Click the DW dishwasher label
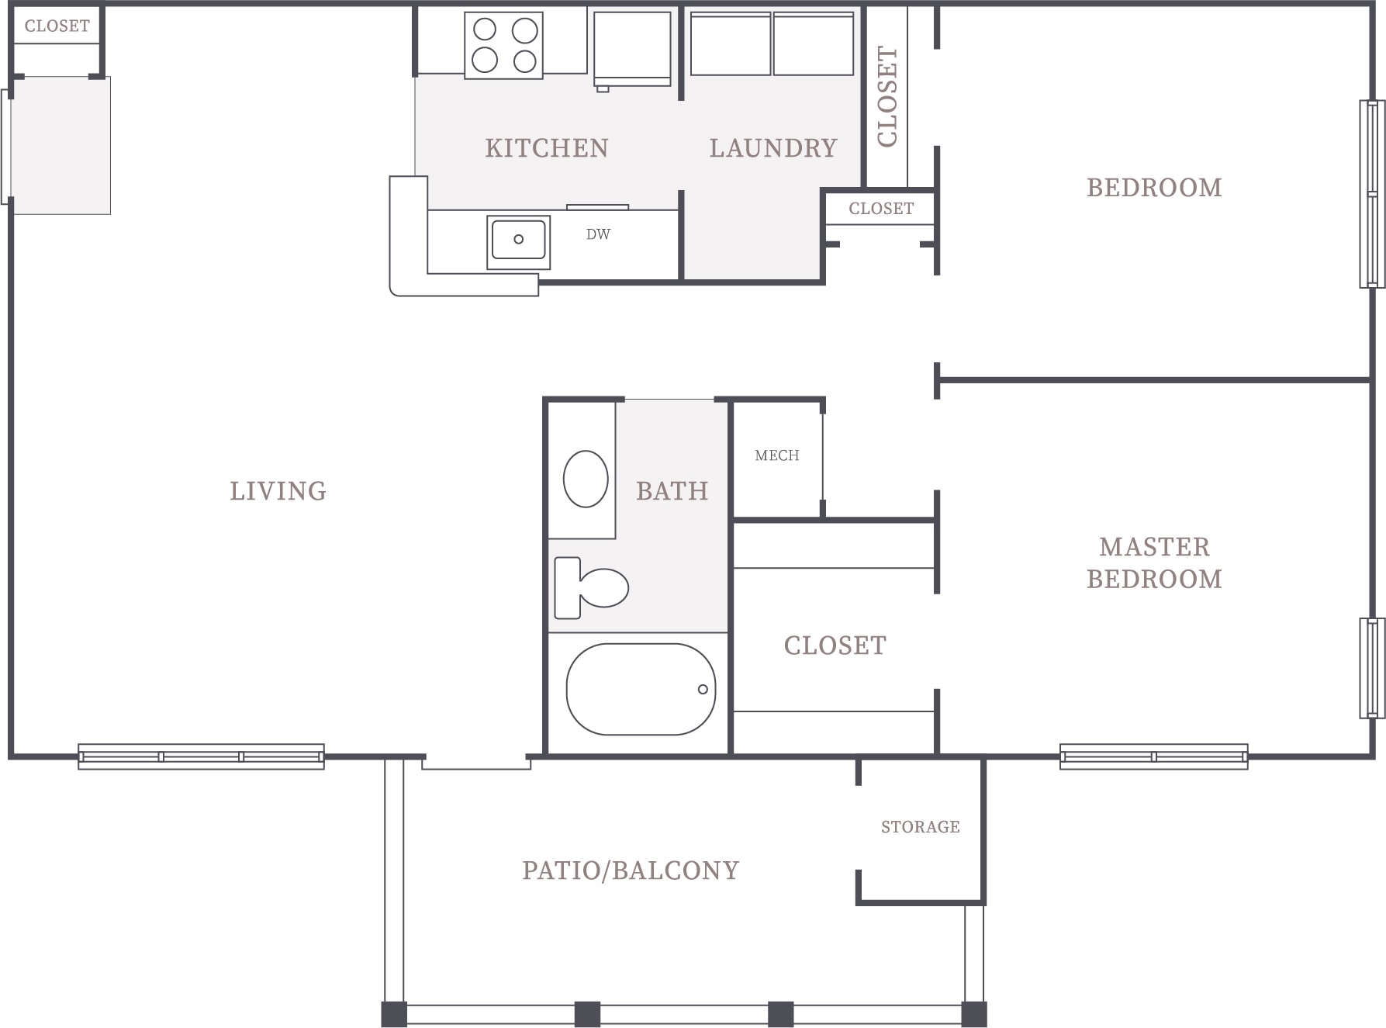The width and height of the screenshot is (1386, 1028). [x=598, y=234]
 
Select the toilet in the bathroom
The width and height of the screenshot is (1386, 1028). [x=591, y=587]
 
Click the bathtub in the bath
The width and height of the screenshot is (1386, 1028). [x=641, y=689]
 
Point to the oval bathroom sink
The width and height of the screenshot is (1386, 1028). [x=586, y=479]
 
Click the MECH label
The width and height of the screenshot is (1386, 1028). [x=776, y=455]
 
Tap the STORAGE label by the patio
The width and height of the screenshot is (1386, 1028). [x=920, y=827]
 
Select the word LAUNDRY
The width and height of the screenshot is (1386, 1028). [x=773, y=148]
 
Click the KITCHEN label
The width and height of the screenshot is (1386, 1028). [x=547, y=148]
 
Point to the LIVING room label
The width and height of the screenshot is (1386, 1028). [x=278, y=491]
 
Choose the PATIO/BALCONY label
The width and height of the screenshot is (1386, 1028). [x=631, y=871]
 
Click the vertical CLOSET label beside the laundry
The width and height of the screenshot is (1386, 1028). [x=887, y=96]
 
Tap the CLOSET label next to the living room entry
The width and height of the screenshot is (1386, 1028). [x=57, y=26]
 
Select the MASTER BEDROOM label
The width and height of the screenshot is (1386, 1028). [x=1154, y=562]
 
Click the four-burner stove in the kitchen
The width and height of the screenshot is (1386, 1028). [x=504, y=46]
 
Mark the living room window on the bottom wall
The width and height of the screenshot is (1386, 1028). [x=201, y=756]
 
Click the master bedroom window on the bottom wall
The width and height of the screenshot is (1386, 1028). [x=1154, y=756]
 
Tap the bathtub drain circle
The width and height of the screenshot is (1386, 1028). [x=703, y=689]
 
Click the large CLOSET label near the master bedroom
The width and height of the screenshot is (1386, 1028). [x=835, y=646]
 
